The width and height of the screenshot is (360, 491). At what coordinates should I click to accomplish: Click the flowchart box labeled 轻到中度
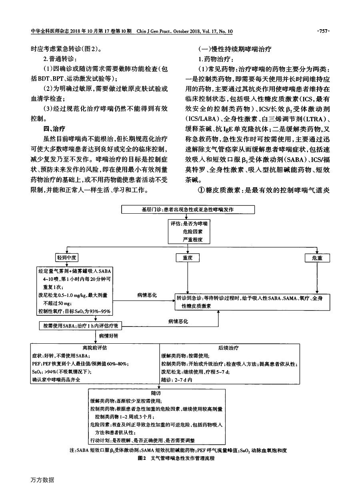[67, 258]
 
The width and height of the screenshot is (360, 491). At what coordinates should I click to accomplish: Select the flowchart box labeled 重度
[188, 258]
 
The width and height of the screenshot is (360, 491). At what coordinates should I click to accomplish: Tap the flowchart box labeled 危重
[317, 258]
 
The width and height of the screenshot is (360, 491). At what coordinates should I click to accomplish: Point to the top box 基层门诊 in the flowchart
[188, 210]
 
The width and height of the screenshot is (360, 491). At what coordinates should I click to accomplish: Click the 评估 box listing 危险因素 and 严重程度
[189, 231]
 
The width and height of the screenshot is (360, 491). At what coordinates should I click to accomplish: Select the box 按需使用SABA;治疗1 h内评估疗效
[81, 326]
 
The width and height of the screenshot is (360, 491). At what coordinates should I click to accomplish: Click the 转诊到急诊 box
[252, 302]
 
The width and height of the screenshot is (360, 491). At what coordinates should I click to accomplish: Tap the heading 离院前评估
[95, 348]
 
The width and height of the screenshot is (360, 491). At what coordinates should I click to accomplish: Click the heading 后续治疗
[228, 348]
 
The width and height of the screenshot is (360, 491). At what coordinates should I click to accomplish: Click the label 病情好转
[108, 336]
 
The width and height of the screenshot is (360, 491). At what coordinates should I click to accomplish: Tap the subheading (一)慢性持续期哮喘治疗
[235, 49]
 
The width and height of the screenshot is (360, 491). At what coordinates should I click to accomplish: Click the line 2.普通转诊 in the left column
[60, 59]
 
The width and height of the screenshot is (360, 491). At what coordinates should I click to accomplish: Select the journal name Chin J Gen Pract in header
[153, 31]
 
